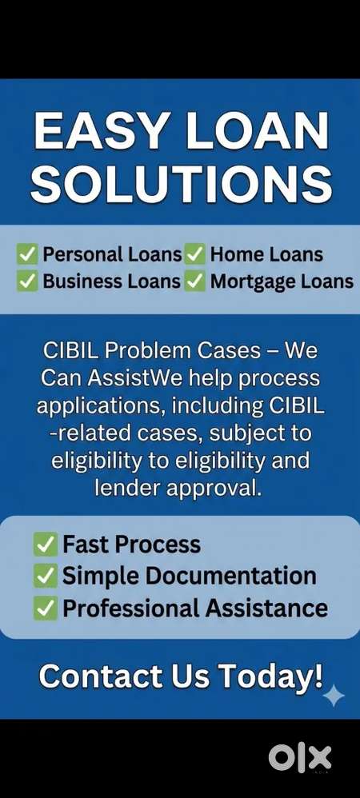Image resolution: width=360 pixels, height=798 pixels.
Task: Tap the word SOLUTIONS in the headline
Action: [x=182, y=183]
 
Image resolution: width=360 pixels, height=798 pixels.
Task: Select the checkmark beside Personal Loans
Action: [x=27, y=254]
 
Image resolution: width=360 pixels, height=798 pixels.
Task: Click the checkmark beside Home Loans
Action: [x=194, y=254]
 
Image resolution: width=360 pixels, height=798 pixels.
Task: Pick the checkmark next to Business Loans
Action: [x=27, y=281]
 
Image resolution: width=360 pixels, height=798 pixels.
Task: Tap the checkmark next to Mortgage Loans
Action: [x=194, y=281]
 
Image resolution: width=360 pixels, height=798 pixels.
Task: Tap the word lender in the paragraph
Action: [x=126, y=489]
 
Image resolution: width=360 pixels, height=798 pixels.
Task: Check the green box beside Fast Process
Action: [x=46, y=545]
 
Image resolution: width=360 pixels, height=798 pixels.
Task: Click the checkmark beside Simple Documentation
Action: [x=46, y=576]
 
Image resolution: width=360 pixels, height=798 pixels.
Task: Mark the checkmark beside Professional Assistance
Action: [x=46, y=608]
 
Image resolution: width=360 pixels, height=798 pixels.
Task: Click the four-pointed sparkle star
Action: [x=334, y=696]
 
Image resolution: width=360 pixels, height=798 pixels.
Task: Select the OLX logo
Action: [x=300, y=758]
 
